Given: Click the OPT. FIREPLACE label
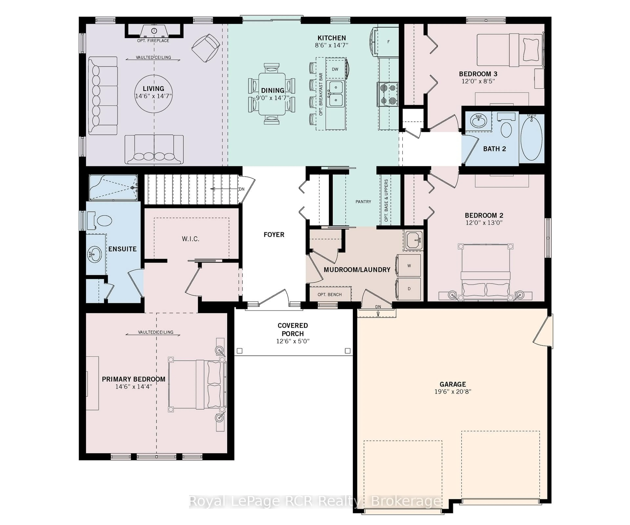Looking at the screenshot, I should tap(153, 41).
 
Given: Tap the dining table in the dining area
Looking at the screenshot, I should tap(272, 94).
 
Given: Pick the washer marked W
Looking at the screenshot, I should tap(409, 265).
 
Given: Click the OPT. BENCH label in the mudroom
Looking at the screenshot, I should tap(329, 295).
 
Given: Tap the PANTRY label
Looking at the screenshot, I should tap(363, 202).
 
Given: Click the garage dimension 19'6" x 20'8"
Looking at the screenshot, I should tap(453, 391).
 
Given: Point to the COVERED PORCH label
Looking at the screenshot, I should tap(293, 329).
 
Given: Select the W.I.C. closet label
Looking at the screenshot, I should tap(190, 239).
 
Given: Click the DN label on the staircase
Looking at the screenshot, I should tap(241, 189).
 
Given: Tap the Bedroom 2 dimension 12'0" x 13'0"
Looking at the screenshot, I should tap(484, 223).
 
